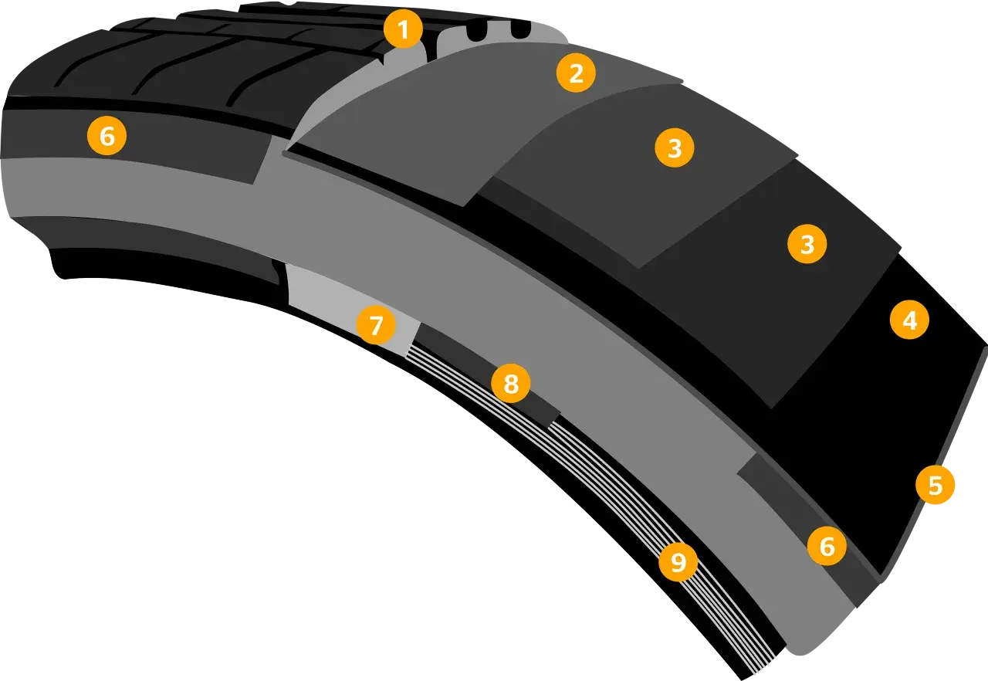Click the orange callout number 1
pos(403,29)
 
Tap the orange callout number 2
pos(576,73)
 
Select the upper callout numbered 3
pos(675,147)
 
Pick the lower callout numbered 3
pos(807,244)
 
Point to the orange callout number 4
pos(909,320)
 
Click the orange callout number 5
pos(935,485)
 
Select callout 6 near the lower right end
pos(827,546)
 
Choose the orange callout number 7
pos(376,325)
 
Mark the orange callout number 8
pos(511,383)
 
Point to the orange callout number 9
pos(678,562)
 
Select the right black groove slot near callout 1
pos(519,29)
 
